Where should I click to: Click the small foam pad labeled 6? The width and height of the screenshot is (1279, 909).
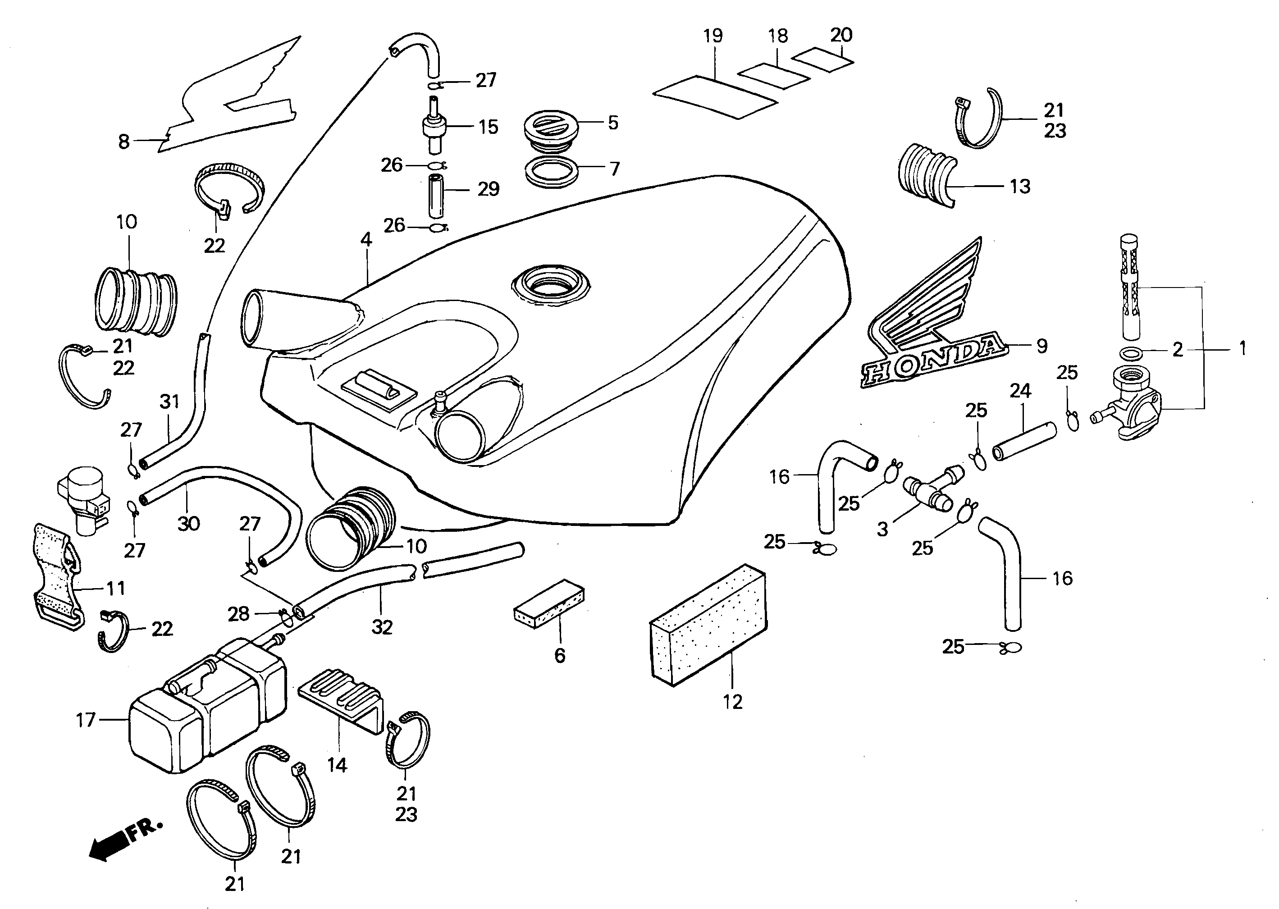[x=548, y=604]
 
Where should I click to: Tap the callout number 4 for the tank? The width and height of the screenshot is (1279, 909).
[x=366, y=240]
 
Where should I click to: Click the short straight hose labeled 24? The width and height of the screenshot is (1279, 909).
[x=1024, y=442]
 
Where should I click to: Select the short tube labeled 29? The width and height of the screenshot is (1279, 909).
[x=435, y=196]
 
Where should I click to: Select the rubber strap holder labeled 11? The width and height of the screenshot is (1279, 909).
[x=56, y=576]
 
